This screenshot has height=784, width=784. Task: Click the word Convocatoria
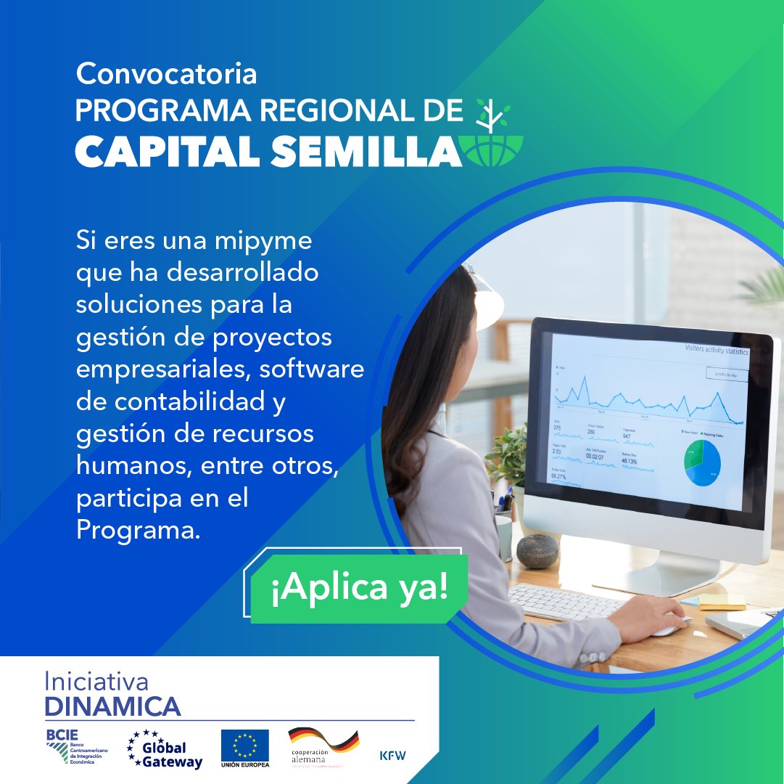pyautogui.click(x=166, y=73)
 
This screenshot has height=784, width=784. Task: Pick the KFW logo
pyautogui.click(x=392, y=755)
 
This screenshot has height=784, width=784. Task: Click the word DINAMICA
pyautogui.click(x=112, y=706)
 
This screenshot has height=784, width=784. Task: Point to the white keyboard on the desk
pyautogui.click(x=565, y=602)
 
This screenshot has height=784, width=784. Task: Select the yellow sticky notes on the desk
pyautogui.click(x=722, y=601)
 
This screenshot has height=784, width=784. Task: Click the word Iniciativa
pyautogui.click(x=96, y=682)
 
